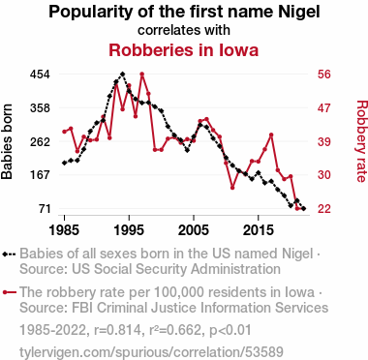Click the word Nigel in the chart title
pos(298,13)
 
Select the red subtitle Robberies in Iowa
pos(184,50)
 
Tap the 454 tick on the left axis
pos(40,75)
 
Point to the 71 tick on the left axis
pos(45,209)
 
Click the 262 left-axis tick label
pos(40,141)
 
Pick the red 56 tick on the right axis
pos(324,75)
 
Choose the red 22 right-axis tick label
pos(324,209)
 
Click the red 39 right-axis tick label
pos(324,141)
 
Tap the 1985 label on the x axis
pos(64,230)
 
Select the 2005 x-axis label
pos(194,230)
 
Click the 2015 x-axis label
pos(259,230)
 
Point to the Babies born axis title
pos(7,141)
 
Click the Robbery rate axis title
pos(361,141)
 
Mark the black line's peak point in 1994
pos(122,75)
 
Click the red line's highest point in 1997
pos(141,75)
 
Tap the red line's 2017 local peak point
pos(271,135)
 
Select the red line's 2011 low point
pos(232,188)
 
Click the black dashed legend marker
pos(9,255)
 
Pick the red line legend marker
pos(9,292)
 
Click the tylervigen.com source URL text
pos(151,352)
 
